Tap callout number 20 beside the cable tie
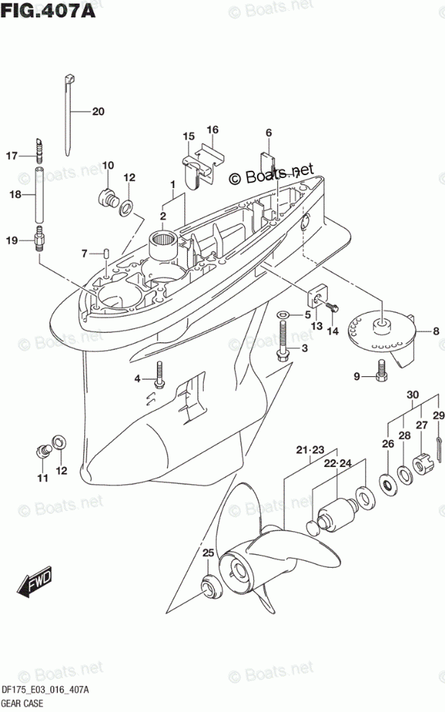[x=98, y=112]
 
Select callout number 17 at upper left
[x=12, y=156]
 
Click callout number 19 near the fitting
[x=12, y=241]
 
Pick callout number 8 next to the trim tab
[x=435, y=331]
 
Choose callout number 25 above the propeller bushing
[x=208, y=553]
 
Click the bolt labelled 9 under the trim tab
[x=382, y=372]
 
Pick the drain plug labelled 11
[x=41, y=451]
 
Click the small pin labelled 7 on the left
[x=107, y=254]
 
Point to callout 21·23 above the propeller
[x=311, y=450]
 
